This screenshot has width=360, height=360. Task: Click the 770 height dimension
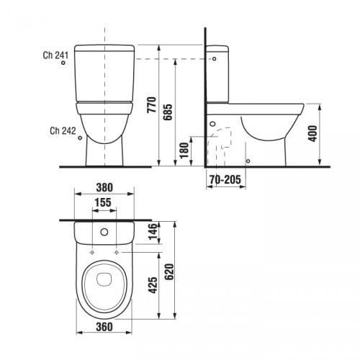pos(152,105)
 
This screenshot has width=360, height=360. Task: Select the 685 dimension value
pos(168,112)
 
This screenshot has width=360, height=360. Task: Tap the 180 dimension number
pos(184,150)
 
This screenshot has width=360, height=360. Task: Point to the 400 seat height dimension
pos(312,133)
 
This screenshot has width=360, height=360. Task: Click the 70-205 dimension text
pos(225,179)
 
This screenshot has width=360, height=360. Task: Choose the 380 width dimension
pos(104,187)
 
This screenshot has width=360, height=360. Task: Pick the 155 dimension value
pos(103,202)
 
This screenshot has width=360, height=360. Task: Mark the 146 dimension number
pos(153,232)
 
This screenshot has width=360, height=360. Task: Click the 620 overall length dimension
pos(169,271)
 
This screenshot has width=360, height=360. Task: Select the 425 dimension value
pos(153,285)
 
